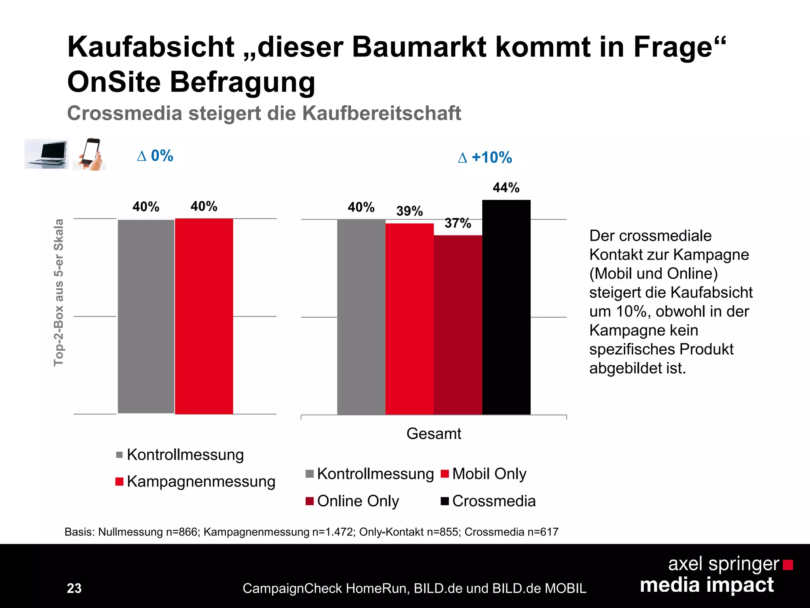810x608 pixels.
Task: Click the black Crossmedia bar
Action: point(506,307)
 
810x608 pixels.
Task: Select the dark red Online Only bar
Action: point(458,325)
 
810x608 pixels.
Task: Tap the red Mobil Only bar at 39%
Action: point(409,319)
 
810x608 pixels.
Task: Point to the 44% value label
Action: point(506,187)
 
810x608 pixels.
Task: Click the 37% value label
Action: point(458,223)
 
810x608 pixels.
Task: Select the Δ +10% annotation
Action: point(485,158)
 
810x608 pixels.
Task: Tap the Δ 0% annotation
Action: point(155,156)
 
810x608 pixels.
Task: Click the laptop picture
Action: point(46,154)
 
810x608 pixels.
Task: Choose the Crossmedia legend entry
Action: point(488,501)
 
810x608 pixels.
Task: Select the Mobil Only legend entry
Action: point(483,474)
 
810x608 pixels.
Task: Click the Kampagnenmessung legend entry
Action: point(195,482)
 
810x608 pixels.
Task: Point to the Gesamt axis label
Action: point(433,434)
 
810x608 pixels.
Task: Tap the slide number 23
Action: point(74,588)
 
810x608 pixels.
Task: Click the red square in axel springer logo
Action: point(788,564)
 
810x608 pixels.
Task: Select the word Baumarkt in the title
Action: point(419,47)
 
